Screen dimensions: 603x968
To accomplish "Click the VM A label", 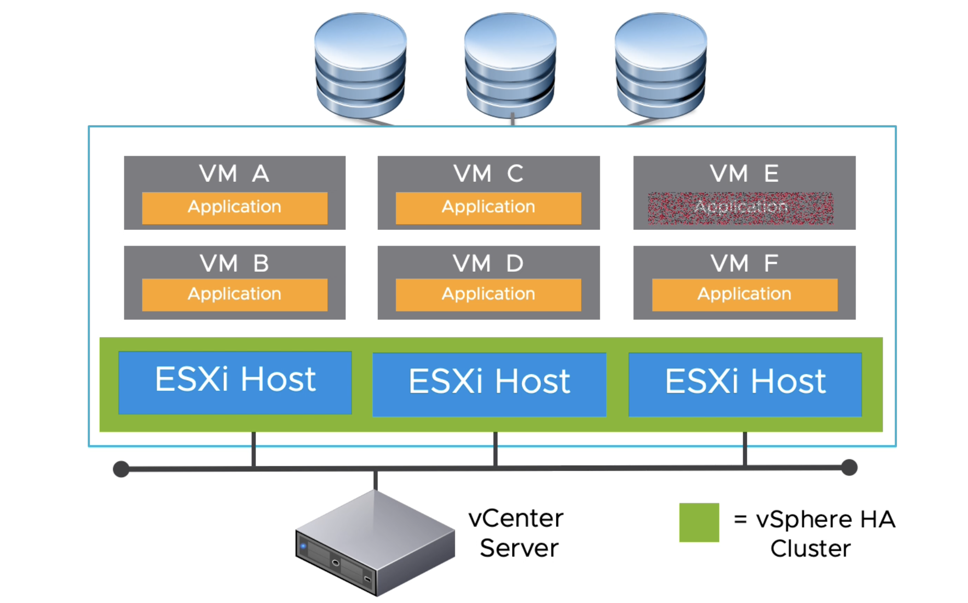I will tap(234, 173).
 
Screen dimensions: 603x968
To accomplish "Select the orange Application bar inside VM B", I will tap(234, 294).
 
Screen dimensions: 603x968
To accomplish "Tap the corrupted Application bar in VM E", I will tap(741, 208).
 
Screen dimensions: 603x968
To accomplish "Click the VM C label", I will tap(488, 173).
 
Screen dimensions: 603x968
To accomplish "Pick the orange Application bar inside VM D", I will tap(488, 294).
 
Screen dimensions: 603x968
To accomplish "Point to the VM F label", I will tap(744, 263).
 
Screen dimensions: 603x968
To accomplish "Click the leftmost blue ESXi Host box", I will tap(235, 382).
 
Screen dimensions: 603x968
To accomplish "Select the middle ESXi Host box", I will tap(489, 384).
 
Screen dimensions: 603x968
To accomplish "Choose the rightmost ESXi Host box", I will tap(745, 384).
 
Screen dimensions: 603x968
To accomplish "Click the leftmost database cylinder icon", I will tap(360, 65).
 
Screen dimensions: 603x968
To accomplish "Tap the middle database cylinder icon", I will tap(510, 65).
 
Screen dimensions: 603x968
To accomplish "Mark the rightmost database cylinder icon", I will tap(661, 65).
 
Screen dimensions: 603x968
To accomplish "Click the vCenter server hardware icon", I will tap(374, 543).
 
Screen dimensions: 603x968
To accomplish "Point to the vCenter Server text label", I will tap(516, 533).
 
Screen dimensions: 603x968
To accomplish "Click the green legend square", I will tap(699, 522).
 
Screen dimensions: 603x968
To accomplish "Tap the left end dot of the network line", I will tap(121, 469).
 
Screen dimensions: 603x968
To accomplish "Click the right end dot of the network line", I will tap(849, 467).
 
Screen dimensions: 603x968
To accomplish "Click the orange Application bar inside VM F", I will tap(744, 294).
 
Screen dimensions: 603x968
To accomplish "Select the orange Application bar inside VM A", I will tap(234, 207).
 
